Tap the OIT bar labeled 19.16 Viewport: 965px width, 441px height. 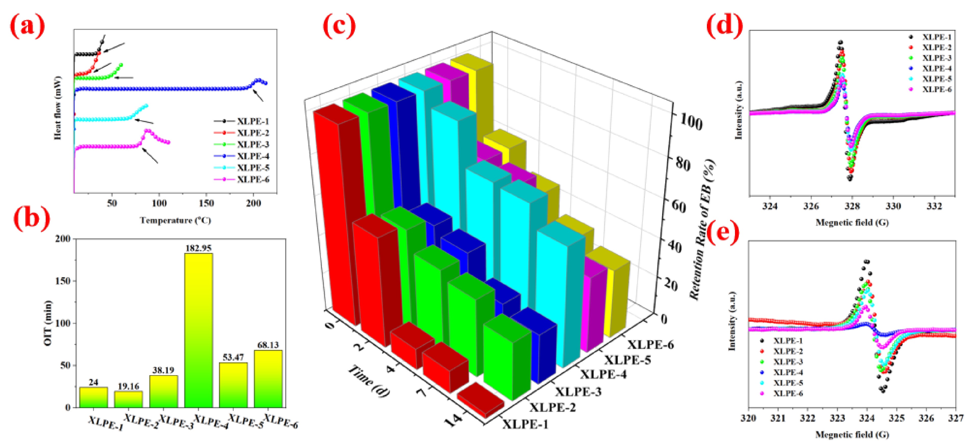[128, 399]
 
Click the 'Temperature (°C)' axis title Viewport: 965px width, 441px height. [175, 220]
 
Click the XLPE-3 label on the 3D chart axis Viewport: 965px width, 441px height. [578, 391]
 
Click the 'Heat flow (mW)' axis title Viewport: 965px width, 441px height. [58, 108]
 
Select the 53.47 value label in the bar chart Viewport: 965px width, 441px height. [233, 357]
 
